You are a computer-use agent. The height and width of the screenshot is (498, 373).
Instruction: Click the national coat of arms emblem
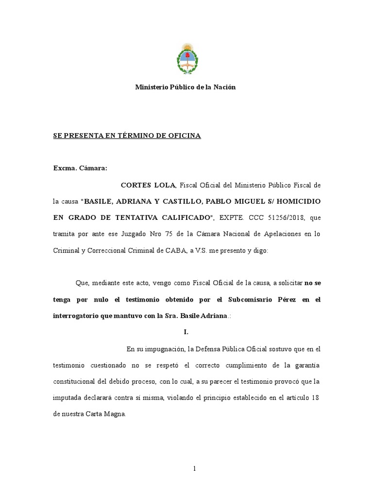tap(186, 59)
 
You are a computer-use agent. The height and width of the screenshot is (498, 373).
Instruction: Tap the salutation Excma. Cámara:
tap(80, 168)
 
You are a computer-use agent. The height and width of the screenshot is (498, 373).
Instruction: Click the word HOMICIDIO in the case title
tap(296, 201)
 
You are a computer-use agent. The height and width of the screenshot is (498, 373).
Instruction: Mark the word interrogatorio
tap(79, 316)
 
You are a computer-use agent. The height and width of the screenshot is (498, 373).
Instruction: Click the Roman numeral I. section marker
tap(186, 332)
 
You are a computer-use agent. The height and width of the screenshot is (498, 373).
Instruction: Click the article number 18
tap(316, 398)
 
